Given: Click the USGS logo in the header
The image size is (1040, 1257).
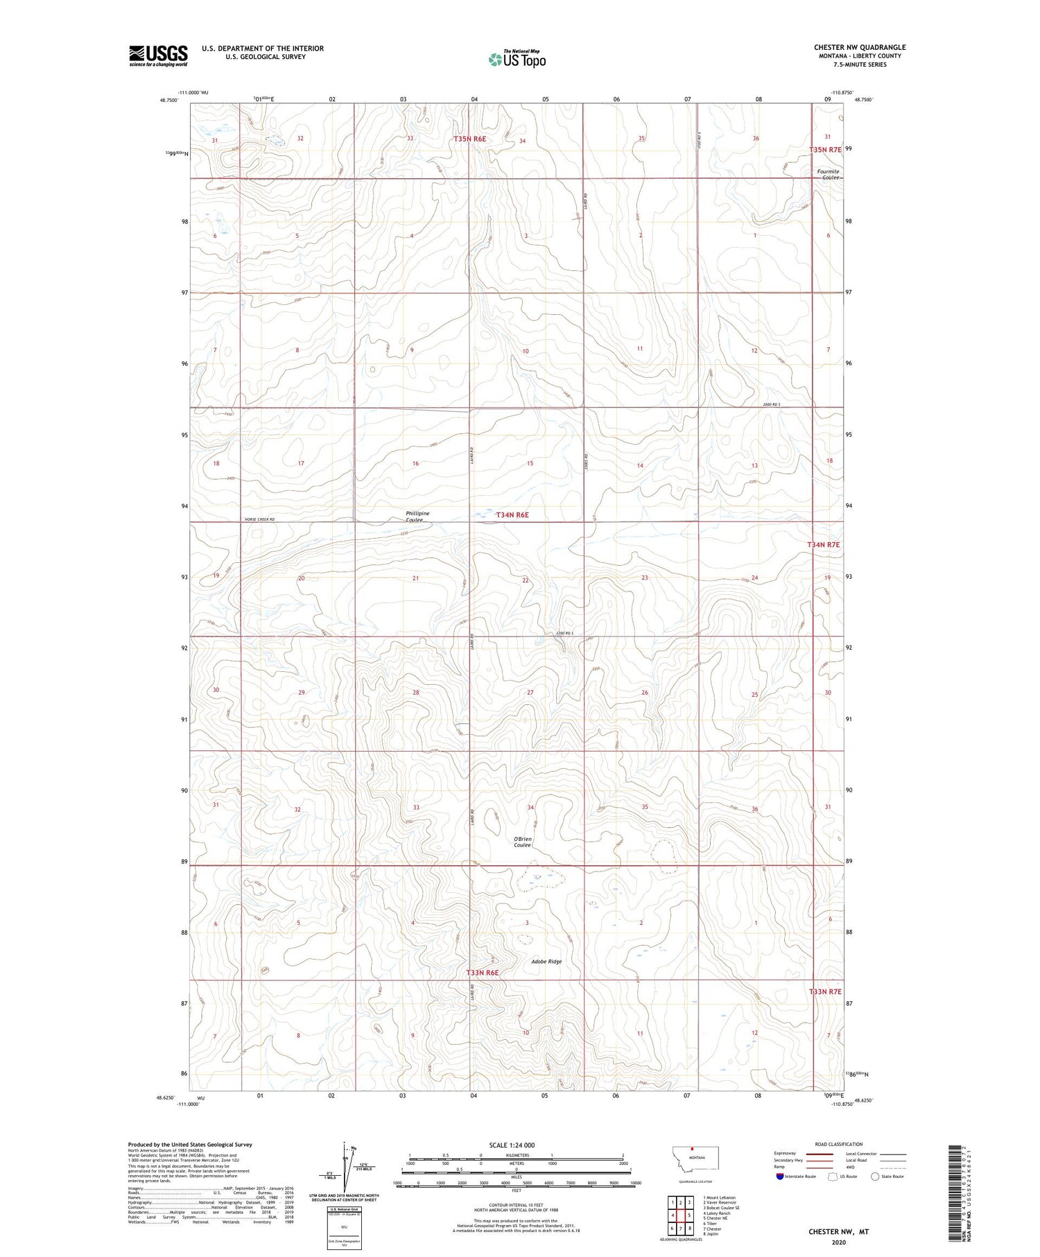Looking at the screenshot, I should click(158, 55).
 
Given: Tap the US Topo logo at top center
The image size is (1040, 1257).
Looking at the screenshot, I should click(517, 60).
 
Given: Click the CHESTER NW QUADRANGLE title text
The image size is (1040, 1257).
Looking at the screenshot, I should click(859, 47).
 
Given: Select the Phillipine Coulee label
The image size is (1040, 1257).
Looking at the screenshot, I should click(417, 517).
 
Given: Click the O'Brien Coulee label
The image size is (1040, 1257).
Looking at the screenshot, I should click(522, 842).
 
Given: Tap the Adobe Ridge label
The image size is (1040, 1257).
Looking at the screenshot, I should click(546, 962).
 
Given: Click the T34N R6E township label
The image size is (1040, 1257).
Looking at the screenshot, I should click(512, 515).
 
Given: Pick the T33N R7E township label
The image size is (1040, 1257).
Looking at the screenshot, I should click(824, 991).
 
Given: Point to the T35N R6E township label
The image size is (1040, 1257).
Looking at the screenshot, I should click(469, 139).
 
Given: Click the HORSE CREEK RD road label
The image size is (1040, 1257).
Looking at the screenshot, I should click(260, 519).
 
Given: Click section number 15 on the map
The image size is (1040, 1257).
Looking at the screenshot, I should click(530, 463).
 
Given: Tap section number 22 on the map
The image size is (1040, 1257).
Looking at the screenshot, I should click(526, 580).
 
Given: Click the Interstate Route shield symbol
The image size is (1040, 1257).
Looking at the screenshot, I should click(779, 1177).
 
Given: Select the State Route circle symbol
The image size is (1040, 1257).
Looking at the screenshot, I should click(875, 1177).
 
